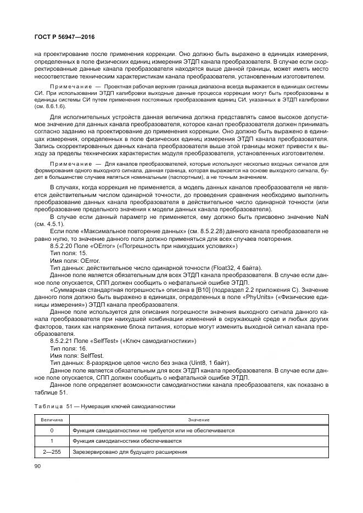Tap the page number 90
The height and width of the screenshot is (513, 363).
[37, 466]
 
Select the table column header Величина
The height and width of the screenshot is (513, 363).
[52, 419]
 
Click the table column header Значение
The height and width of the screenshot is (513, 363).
[198, 419]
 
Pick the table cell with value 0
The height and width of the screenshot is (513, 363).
[52, 430]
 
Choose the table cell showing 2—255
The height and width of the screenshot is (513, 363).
[52, 452]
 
